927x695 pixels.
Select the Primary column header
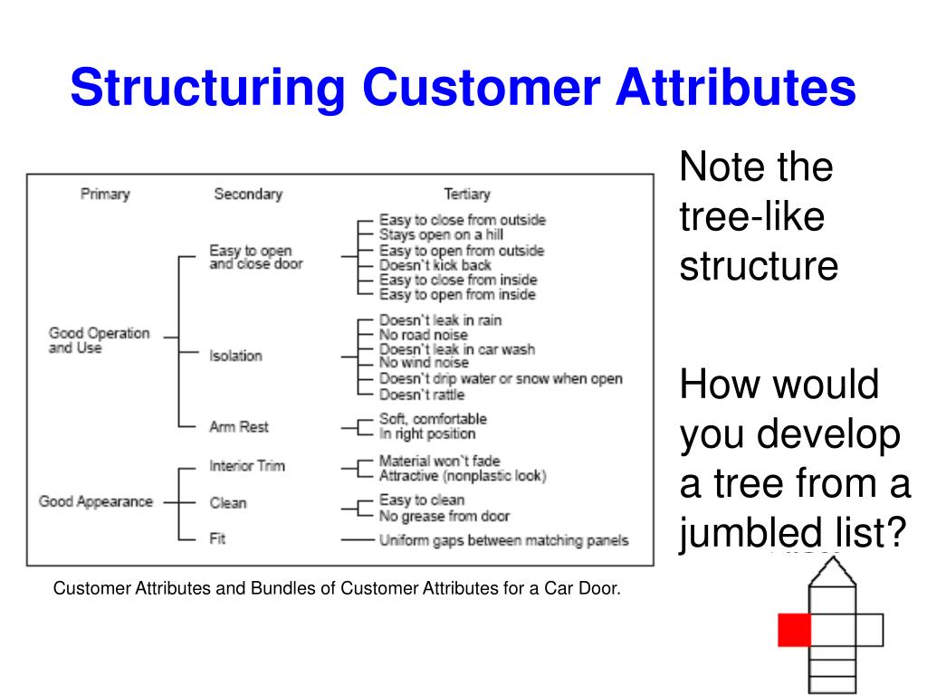coord(105,194)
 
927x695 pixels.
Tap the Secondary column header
coord(247,194)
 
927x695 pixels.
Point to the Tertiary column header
coord(466,194)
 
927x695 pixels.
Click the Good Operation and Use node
coord(99,340)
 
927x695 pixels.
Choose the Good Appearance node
coord(95,501)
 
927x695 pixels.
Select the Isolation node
coord(235,356)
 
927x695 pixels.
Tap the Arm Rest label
coord(239,426)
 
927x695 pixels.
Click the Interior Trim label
coord(247,466)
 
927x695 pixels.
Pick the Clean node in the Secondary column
coord(228,502)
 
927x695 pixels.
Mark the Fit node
coord(217,538)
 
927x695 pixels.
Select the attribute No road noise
coord(424,335)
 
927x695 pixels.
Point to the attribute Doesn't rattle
coord(421,395)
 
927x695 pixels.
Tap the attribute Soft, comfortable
coord(433,419)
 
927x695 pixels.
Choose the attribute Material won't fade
coord(439,460)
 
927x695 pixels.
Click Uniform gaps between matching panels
coord(502,541)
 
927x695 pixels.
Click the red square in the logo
coord(794,629)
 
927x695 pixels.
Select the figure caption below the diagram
coord(338,589)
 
